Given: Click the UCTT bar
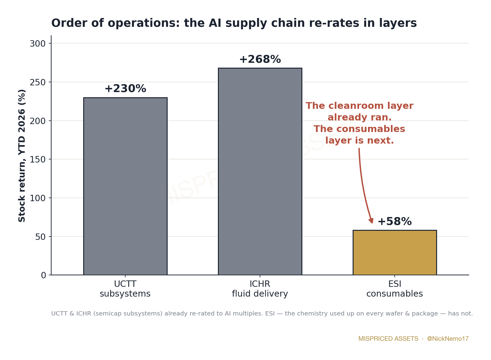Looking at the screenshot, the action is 125,186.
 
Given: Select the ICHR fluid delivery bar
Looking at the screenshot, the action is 260,172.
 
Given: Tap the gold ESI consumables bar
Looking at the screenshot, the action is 395,253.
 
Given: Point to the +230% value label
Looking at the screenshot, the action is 125,89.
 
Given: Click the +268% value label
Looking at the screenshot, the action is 260,59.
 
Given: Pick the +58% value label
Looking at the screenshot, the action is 395,221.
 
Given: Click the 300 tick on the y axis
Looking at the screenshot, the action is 38,44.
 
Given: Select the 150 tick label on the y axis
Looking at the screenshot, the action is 38,160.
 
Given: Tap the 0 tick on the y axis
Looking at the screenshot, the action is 44,275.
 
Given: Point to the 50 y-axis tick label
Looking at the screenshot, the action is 41,237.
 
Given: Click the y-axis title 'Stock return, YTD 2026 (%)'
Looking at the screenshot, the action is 22,156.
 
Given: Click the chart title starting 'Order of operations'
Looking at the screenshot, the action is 234,23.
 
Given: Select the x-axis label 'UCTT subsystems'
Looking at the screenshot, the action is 125,289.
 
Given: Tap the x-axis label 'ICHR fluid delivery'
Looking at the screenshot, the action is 260,289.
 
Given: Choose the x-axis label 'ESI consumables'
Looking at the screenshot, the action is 395,289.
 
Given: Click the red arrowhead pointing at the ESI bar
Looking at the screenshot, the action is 371,221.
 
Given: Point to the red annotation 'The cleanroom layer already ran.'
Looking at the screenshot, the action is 360,112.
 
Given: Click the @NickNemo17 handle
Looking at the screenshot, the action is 448,339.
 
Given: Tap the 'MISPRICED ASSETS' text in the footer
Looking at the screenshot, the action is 388,339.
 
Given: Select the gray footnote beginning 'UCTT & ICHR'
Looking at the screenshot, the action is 262,314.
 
